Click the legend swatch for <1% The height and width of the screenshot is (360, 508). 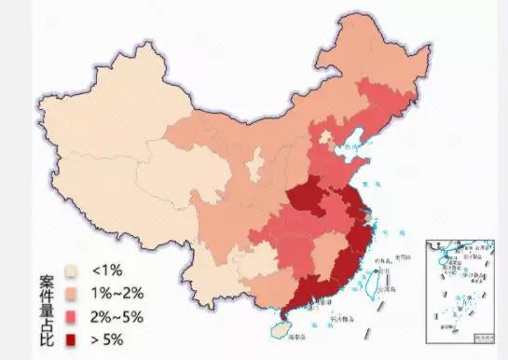tap(72, 270)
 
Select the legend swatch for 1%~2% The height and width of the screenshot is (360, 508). tap(72, 291)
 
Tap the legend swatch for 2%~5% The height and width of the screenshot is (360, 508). tap(72, 314)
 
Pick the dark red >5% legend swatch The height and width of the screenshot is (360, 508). tap(72, 337)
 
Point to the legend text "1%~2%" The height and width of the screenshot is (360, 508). tap(115, 291)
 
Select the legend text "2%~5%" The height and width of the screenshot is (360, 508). tap(117, 314)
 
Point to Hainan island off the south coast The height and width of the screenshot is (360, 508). tap(279, 330)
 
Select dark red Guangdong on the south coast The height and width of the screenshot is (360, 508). tap(308, 295)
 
